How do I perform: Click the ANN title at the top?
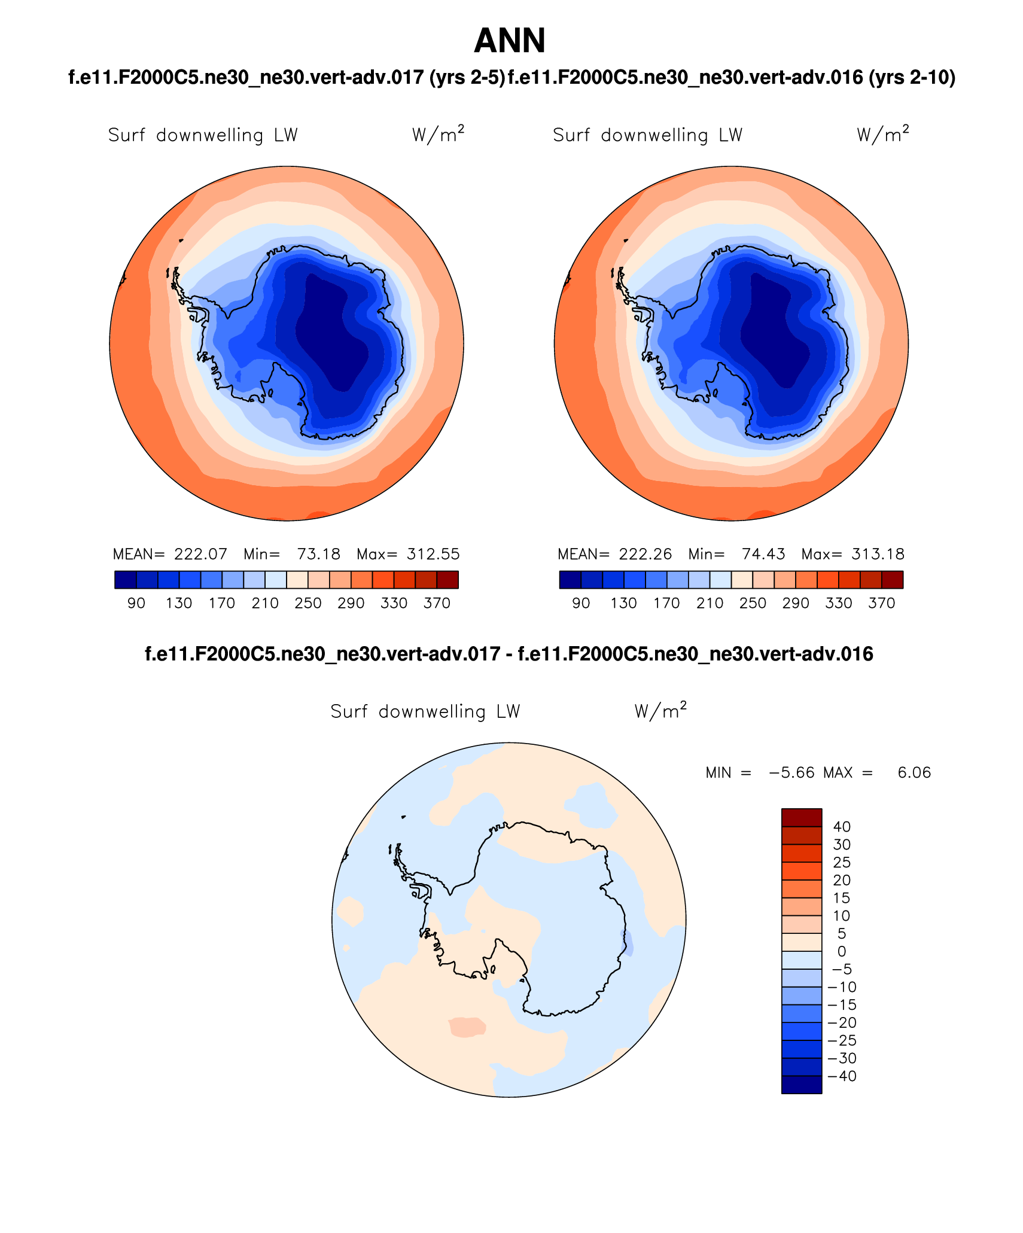point(510,41)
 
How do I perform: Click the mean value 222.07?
point(200,554)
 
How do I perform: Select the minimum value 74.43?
point(763,554)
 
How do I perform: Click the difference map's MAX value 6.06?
point(914,772)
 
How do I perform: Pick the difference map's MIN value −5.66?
point(791,772)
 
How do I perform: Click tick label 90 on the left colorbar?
point(136,603)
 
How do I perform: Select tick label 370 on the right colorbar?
point(881,603)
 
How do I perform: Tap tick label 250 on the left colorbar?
point(308,603)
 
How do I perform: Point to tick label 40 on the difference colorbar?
point(842,827)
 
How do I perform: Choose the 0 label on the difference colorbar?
point(842,951)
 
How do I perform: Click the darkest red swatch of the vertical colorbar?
point(802,818)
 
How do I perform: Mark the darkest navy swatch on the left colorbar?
point(126,580)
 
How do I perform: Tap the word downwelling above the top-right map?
point(654,135)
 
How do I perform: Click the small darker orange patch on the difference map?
point(467,1027)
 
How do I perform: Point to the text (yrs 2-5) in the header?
point(467,77)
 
